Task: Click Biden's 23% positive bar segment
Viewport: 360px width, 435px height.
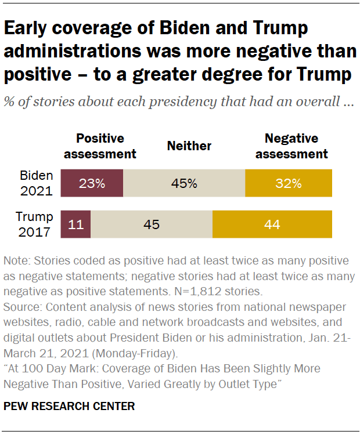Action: point(92,183)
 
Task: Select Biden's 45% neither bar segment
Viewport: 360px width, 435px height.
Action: point(184,183)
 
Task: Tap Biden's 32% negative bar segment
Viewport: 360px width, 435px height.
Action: point(289,183)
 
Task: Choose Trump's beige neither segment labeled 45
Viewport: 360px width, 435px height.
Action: point(152,224)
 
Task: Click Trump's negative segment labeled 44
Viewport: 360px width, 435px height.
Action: point(272,224)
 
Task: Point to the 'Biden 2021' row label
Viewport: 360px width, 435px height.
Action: point(36,183)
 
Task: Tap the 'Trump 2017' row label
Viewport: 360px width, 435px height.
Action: point(34,224)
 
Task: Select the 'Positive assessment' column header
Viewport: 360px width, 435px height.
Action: point(100,146)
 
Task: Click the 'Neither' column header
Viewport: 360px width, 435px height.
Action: point(189,146)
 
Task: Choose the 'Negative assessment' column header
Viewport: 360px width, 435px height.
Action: point(291,146)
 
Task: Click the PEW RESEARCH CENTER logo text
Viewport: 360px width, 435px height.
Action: point(69,407)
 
